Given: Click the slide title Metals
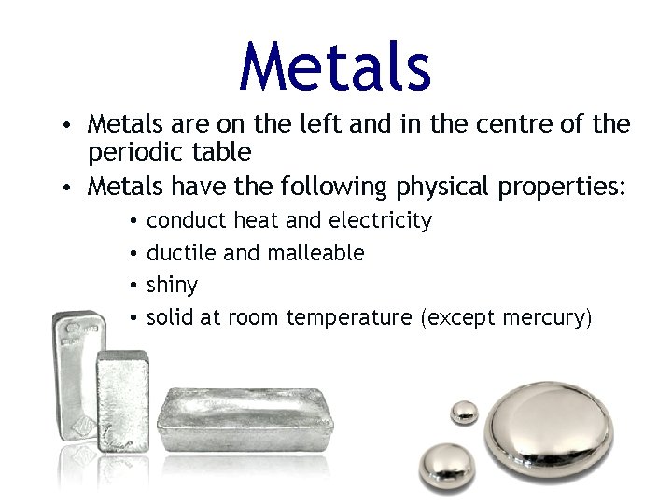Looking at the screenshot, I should coord(335,66).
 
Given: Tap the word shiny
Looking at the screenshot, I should coord(173,284).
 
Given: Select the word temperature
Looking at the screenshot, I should coord(349,318).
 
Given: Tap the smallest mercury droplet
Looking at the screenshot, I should coord(464,412).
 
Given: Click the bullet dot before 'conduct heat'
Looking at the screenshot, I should coord(134,222).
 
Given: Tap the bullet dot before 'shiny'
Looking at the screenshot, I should coord(134,285).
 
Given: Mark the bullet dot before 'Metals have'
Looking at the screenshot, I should coord(71,188).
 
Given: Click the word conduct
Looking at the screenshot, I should coord(187,221).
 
